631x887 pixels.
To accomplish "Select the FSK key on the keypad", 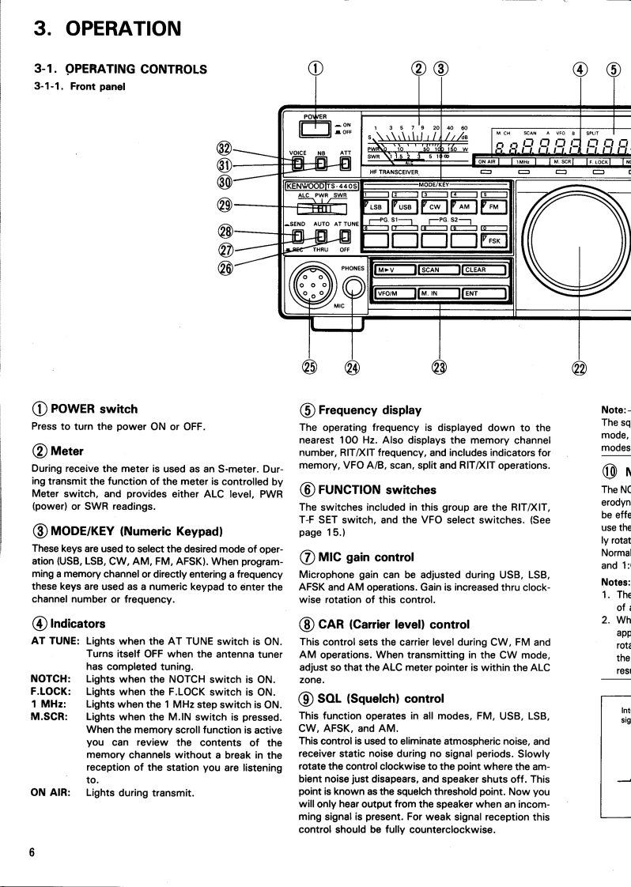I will click(x=493, y=240).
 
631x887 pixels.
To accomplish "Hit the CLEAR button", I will click(x=484, y=270).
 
